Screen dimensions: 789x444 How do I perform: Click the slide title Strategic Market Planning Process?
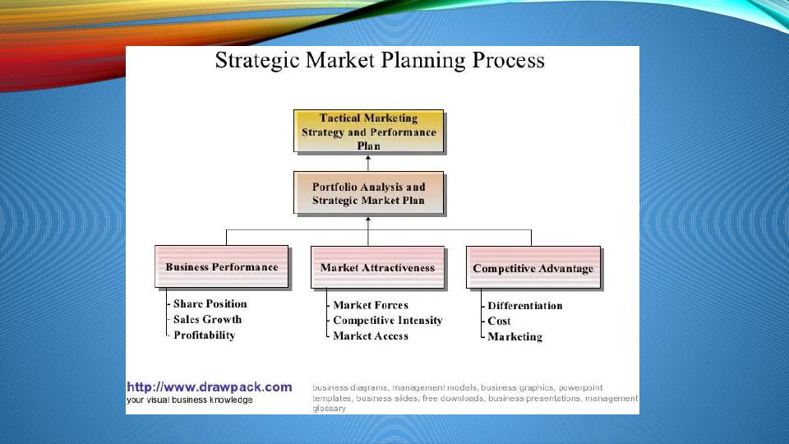pyautogui.click(x=380, y=61)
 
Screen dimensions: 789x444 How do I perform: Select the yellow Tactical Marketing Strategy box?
pyautogui.click(x=369, y=131)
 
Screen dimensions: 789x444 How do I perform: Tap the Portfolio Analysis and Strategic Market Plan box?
pyautogui.click(x=369, y=193)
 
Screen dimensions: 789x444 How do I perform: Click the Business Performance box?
pyautogui.click(x=222, y=266)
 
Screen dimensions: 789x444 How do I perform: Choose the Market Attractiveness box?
pyautogui.click(x=377, y=267)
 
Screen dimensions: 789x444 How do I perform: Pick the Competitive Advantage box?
pyautogui.click(x=533, y=267)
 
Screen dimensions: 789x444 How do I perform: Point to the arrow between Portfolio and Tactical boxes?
pyautogui.click(x=368, y=164)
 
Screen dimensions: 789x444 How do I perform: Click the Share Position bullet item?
pyautogui.click(x=210, y=303)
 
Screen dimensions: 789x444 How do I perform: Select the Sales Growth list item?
pyautogui.click(x=207, y=319)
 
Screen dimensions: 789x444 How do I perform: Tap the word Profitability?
pyautogui.click(x=205, y=335)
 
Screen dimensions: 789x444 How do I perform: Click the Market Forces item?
pyautogui.click(x=371, y=305)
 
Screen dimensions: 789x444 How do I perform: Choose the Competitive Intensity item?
pyautogui.click(x=387, y=320)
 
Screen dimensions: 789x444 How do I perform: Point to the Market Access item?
pyautogui.click(x=371, y=335)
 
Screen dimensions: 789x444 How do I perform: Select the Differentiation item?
pyautogui.click(x=525, y=306)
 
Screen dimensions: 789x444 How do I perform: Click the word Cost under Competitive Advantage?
pyautogui.click(x=499, y=321)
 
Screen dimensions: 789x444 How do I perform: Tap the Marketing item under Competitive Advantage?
pyautogui.click(x=514, y=337)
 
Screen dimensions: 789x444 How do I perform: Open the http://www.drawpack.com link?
pyautogui.click(x=210, y=386)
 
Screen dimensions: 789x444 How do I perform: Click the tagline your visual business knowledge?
pyautogui.click(x=190, y=400)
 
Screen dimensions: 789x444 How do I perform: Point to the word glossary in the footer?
pyautogui.click(x=329, y=409)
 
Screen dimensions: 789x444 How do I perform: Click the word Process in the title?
pyautogui.click(x=508, y=61)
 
